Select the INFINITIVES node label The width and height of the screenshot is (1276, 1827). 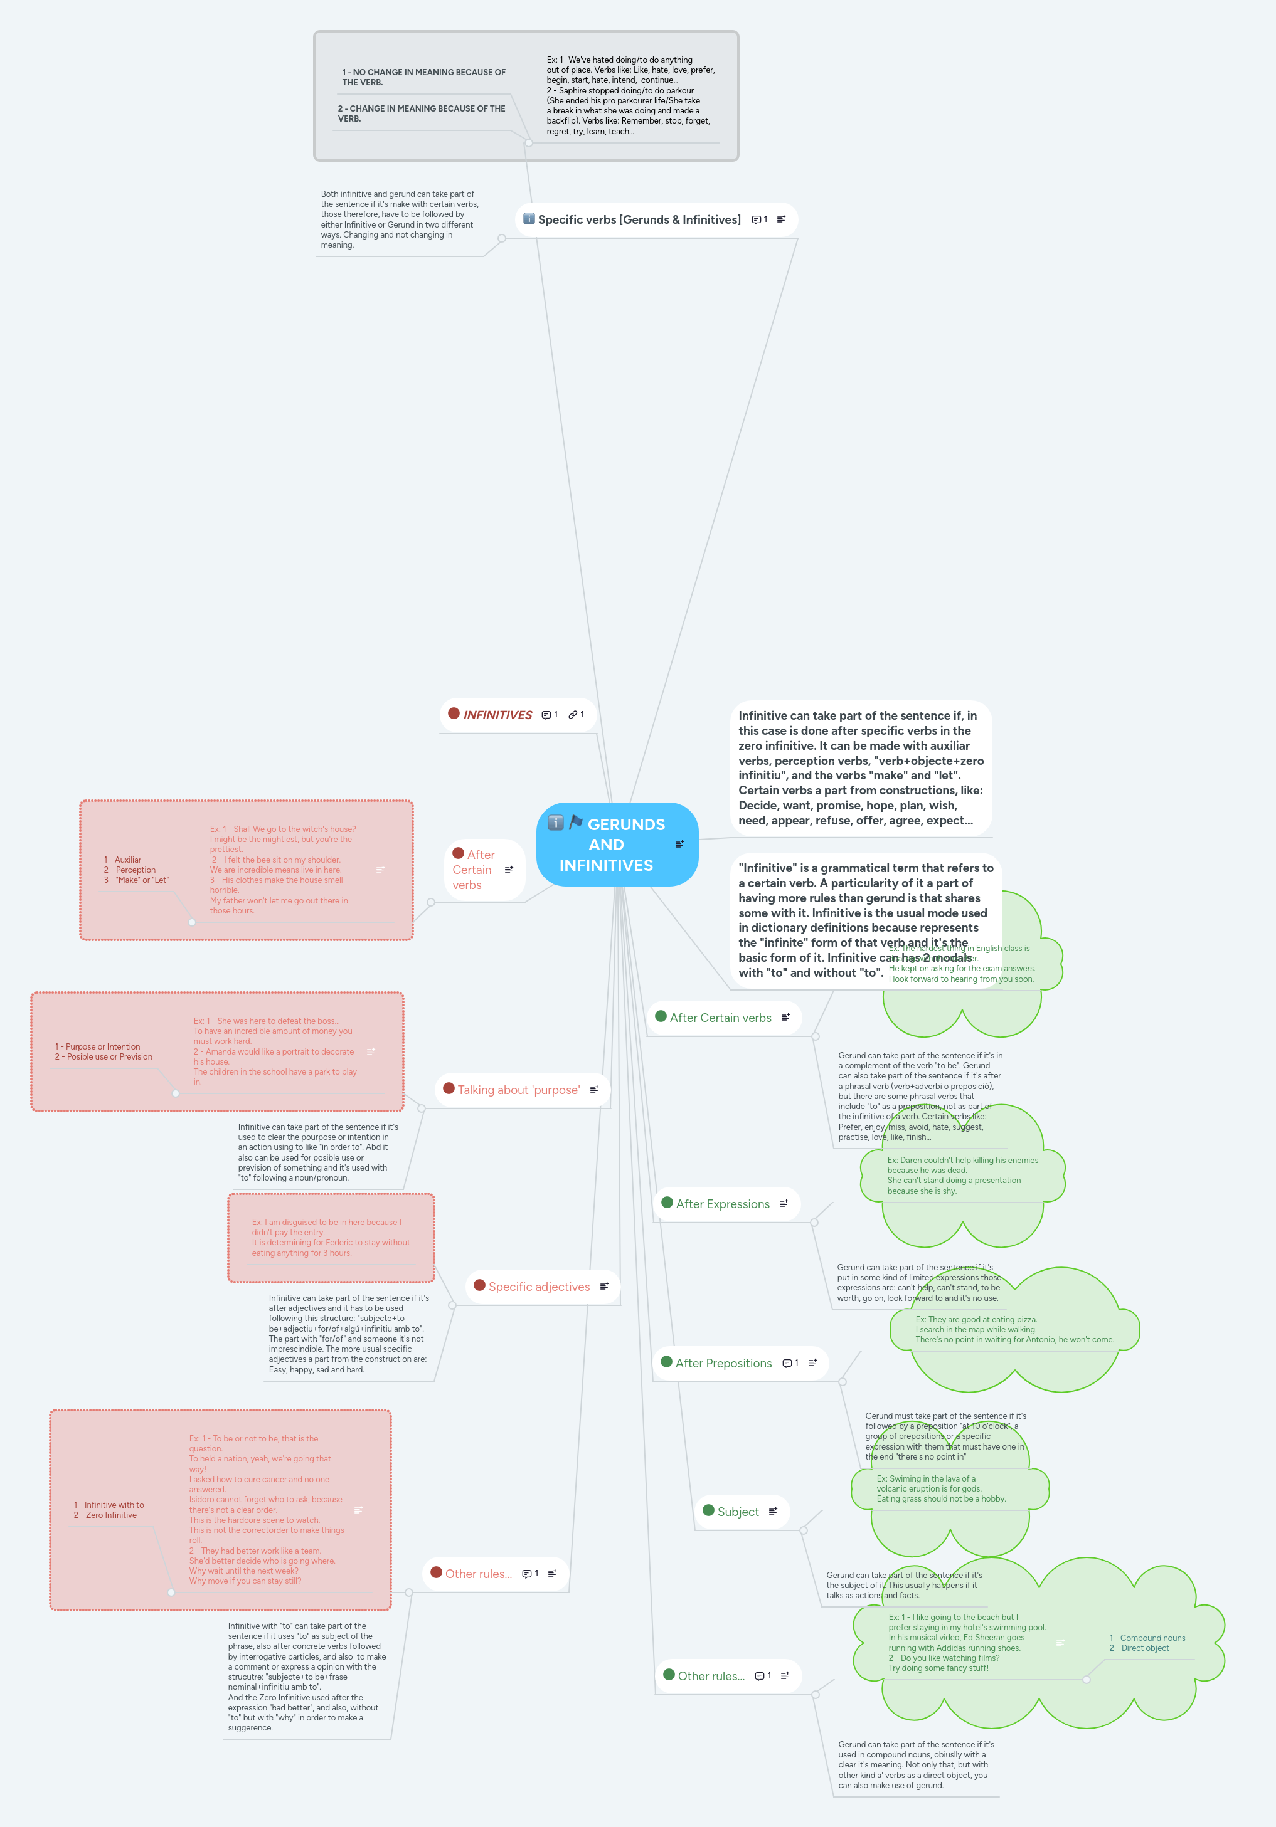point(497,715)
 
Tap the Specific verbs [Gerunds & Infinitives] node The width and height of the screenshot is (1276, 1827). point(639,219)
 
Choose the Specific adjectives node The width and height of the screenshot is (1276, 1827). point(539,1287)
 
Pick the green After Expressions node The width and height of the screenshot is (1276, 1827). point(723,1204)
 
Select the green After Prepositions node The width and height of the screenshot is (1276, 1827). point(723,1363)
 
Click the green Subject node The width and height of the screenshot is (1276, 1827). point(738,1512)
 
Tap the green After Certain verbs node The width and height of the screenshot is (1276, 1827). point(720,1018)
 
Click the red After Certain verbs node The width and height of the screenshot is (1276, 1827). point(474,870)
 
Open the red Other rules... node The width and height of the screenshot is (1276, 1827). point(479,1574)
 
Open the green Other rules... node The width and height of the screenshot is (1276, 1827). point(711,1676)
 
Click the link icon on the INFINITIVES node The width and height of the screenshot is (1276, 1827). point(573,715)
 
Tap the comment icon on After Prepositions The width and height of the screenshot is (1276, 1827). point(787,1363)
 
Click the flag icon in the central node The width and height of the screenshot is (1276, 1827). point(575,822)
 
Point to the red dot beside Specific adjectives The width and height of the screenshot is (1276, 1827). point(479,1285)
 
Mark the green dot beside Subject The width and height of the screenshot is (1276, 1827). point(708,1510)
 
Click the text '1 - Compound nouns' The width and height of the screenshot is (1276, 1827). point(1147,1638)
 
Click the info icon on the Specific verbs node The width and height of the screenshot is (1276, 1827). point(529,219)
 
